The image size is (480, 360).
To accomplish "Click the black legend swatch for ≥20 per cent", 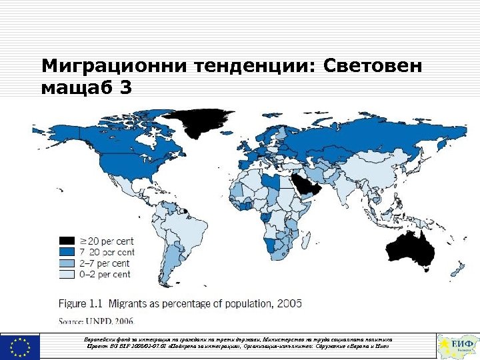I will coord(67,240).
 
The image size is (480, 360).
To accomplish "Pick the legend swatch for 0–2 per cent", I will coord(67,274).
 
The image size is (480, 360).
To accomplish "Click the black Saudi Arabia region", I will coord(307,187).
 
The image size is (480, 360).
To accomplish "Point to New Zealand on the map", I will coord(457,270).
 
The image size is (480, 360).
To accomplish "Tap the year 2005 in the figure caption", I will coord(288,303).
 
